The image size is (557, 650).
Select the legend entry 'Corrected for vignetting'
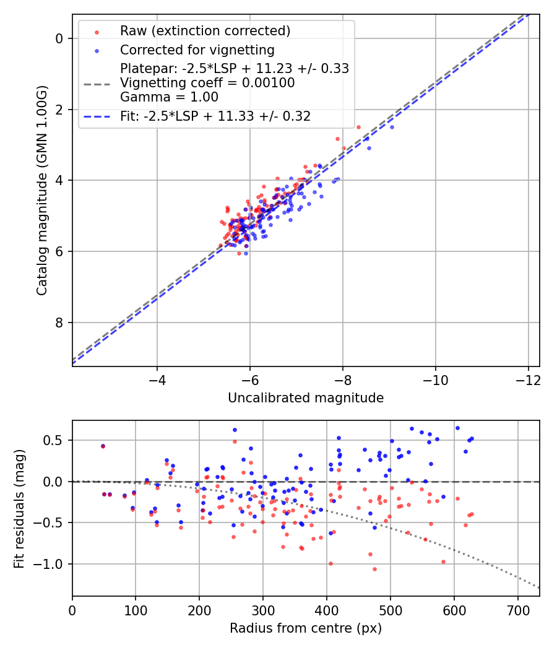pos(197,50)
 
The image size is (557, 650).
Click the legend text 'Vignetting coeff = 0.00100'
pos(207,83)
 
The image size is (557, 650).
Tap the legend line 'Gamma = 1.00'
pos(169,97)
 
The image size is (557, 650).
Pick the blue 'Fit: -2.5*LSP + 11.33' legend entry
pos(215,116)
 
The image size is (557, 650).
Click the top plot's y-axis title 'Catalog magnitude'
pos(41,191)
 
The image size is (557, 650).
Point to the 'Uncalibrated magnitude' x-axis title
pos(306,398)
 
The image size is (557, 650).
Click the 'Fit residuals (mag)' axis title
pos(19,508)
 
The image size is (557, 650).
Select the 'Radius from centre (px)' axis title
pos(306,628)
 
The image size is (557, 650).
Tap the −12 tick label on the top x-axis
pos(528,379)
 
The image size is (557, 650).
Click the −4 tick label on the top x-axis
pos(157,379)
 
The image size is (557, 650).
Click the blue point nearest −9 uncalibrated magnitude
pos(391,127)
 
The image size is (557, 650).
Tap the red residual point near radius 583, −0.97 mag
pos(443,561)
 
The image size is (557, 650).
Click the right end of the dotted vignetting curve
pos(538,587)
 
